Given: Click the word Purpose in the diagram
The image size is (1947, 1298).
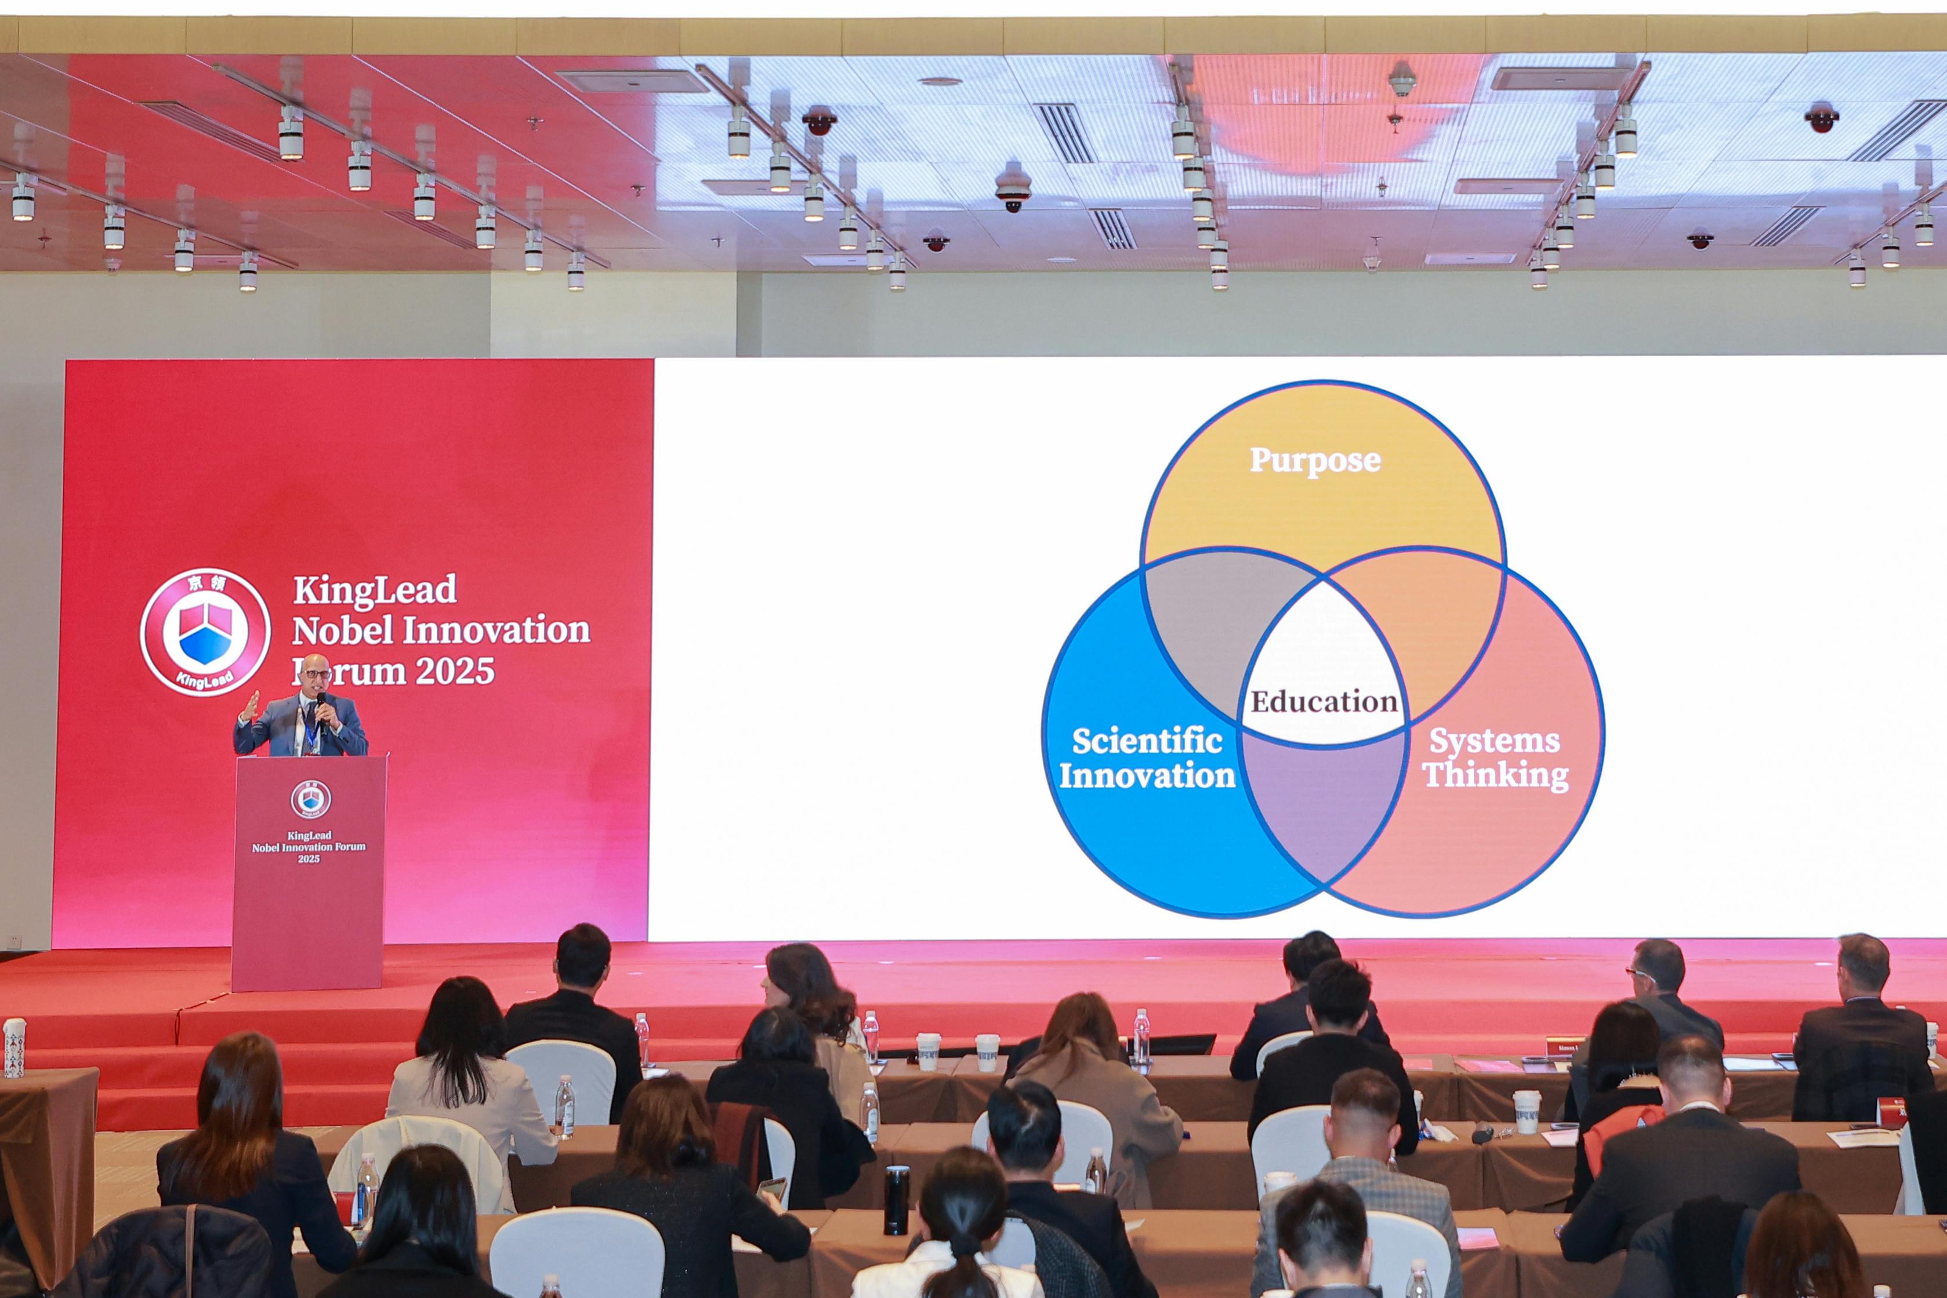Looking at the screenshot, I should click(1315, 461).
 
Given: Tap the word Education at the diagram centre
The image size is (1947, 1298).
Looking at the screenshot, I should click(1324, 702).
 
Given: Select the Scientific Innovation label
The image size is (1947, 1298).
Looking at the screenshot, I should click(1147, 758).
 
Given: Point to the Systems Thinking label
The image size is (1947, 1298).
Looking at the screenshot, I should click(1495, 758).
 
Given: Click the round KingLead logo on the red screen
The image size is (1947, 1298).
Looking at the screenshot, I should click(205, 632).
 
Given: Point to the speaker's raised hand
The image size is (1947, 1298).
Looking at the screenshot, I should click(251, 704).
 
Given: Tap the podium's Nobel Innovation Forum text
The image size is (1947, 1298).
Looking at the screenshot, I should click(309, 847).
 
